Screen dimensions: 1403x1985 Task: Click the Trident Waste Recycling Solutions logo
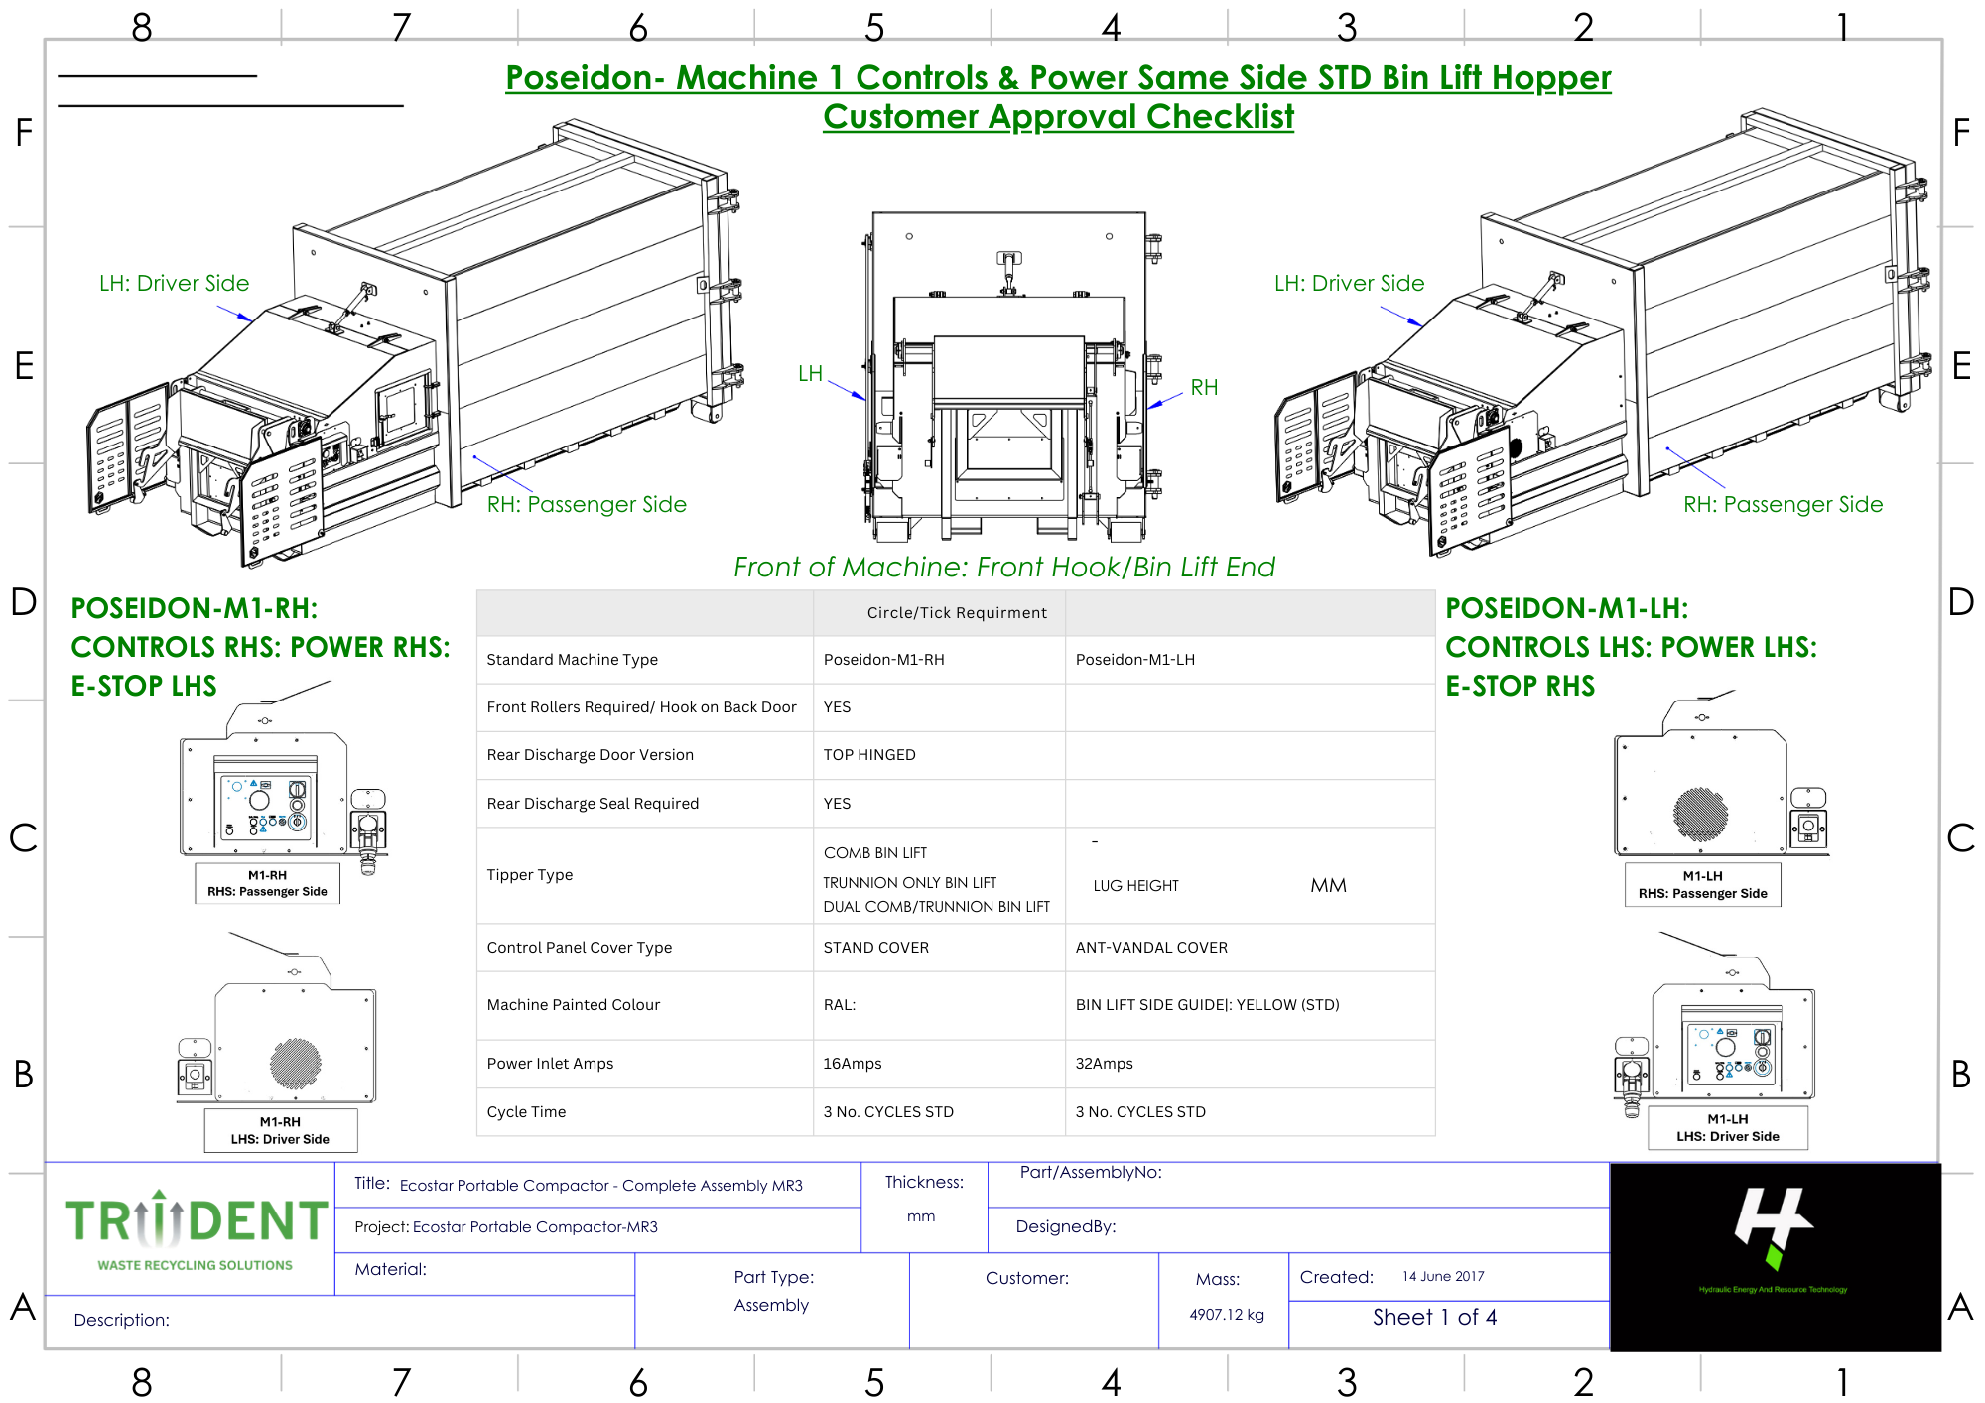tap(196, 1230)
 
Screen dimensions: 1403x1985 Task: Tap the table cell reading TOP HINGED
tap(869, 755)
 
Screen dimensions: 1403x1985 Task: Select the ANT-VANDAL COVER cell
tap(1151, 948)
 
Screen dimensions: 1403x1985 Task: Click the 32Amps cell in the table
tap(1104, 1064)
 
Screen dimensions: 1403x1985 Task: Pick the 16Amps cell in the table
tap(852, 1064)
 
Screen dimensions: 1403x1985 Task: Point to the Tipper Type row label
tap(530, 875)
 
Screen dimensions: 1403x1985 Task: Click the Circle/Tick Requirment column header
tap(957, 613)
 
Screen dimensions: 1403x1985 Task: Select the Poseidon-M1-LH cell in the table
tap(1134, 660)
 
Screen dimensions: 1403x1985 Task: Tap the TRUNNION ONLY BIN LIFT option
tap(909, 883)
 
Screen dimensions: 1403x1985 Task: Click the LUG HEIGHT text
tap(1135, 886)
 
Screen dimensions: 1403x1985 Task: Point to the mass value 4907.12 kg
tap(1227, 1315)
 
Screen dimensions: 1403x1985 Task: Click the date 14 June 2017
tap(1443, 1277)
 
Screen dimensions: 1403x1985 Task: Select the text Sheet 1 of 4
tap(1434, 1318)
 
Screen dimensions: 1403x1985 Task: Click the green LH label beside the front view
tap(810, 374)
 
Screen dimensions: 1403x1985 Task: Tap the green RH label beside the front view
tap(1204, 388)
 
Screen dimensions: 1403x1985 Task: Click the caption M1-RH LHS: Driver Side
tap(280, 1131)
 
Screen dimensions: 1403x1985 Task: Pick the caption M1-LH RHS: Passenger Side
tap(1702, 885)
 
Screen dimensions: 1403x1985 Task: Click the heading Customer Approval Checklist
tap(1058, 117)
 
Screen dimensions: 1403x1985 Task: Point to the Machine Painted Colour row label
tap(573, 1005)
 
